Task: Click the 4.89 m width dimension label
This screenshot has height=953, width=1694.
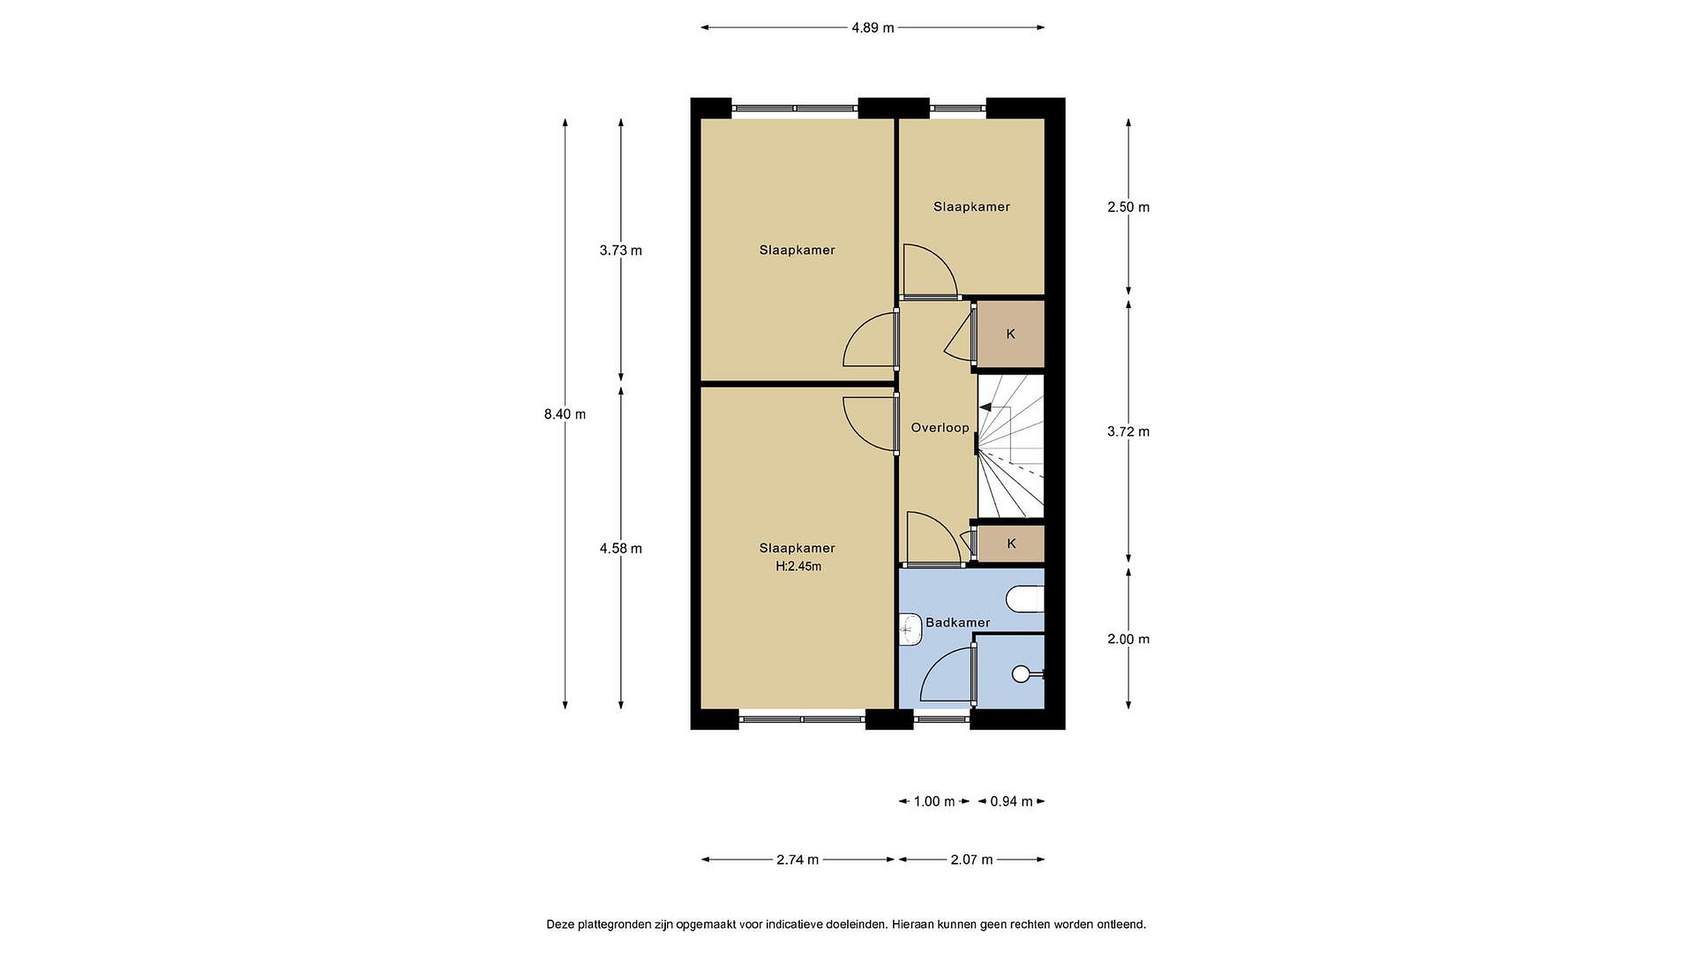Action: point(873,28)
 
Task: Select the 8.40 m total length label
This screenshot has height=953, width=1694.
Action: point(565,414)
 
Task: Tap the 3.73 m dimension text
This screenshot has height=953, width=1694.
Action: point(621,251)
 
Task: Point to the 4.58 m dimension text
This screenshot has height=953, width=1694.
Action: point(621,548)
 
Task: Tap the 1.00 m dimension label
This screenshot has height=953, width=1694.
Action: point(935,802)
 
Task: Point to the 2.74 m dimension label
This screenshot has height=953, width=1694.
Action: point(798,859)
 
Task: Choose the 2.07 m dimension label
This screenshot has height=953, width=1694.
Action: point(972,859)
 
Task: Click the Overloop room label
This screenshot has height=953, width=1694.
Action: point(940,428)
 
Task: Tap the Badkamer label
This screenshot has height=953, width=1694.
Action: point(958,623)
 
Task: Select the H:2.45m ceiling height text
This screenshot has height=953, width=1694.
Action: point(798,567)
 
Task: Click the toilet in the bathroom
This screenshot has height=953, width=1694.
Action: point(1025,599)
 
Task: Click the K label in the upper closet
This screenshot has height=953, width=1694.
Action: point(1011,334)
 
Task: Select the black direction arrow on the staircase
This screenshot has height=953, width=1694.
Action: point(986,408)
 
